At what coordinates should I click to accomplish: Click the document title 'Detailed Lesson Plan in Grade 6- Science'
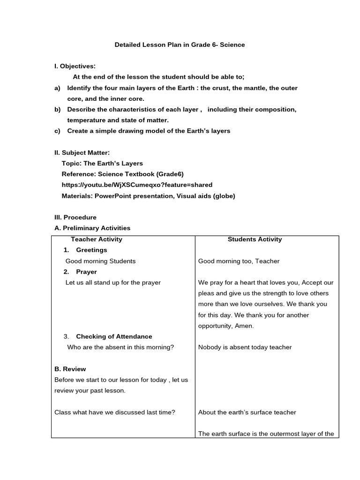180,45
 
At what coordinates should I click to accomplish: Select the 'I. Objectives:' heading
75,67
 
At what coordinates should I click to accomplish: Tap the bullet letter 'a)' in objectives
58,88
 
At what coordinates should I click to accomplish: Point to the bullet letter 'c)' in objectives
58,131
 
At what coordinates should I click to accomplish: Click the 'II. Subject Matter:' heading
82,153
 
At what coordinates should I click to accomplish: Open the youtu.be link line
137,185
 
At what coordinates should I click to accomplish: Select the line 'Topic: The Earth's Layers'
102,164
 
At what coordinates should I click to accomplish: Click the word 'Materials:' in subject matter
77,196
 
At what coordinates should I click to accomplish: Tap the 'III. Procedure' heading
75,217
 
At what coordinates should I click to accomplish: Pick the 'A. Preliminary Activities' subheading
92,228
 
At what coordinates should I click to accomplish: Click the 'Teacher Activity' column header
96,240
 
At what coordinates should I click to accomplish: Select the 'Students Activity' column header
255,240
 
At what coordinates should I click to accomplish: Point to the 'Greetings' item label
91,250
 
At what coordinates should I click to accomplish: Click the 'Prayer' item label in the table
86,272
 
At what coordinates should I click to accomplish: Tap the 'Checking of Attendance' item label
114,337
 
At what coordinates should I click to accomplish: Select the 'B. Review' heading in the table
70,369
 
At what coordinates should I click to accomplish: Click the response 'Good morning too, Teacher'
239,261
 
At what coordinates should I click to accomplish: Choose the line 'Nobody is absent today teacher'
245,347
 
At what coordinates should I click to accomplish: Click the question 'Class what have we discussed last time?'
115,412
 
